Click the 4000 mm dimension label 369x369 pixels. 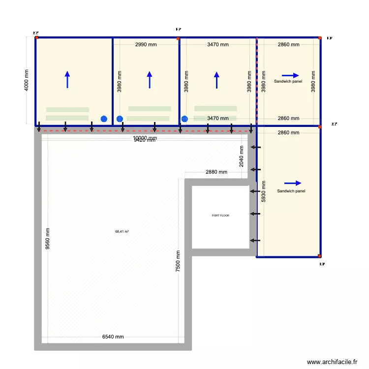27,80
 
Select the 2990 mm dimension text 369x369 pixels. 146,44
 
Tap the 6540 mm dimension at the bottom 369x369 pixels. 113,337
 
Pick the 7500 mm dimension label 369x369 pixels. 178,261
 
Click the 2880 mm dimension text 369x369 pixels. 216,172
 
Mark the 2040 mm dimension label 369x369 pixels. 242,156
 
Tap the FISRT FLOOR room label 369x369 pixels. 220,215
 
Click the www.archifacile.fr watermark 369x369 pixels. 332,362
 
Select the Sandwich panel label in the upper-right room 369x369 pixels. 288,81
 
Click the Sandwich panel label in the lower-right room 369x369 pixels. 291,191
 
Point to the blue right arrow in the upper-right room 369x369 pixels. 290,75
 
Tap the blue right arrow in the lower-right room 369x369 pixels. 293,183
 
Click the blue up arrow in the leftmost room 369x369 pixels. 67,80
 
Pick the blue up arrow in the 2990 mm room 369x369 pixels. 149,80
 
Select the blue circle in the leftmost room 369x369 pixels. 104,119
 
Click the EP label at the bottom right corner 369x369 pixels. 322,264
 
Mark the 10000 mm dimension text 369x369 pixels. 145,138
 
